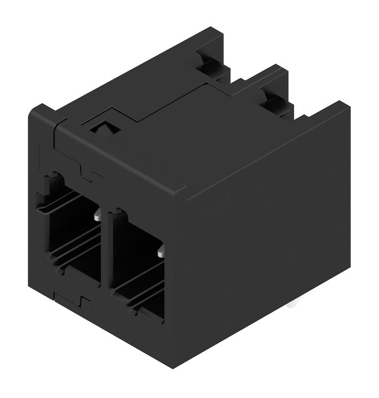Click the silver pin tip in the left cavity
point(97,216)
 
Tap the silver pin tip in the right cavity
point(160,254)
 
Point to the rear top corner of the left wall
point(214,28)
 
